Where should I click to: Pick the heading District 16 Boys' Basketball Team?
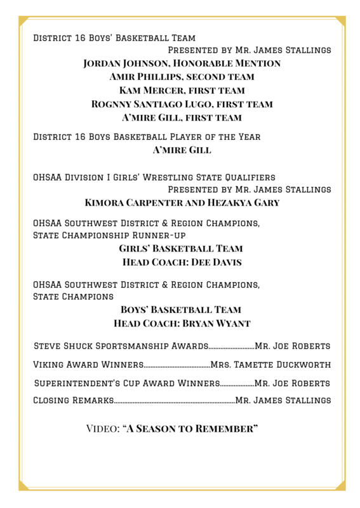point(114,38)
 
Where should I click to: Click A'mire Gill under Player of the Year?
point(182,150)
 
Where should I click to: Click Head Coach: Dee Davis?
point(182,262)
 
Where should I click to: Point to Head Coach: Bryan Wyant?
point(182,323)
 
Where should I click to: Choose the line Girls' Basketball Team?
point(181,249)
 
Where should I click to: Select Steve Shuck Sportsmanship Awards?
point(121,346)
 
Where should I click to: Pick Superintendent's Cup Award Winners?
point(126,384)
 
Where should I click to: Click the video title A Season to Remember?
point(190,429)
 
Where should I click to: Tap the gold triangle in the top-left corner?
point(23,20)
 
